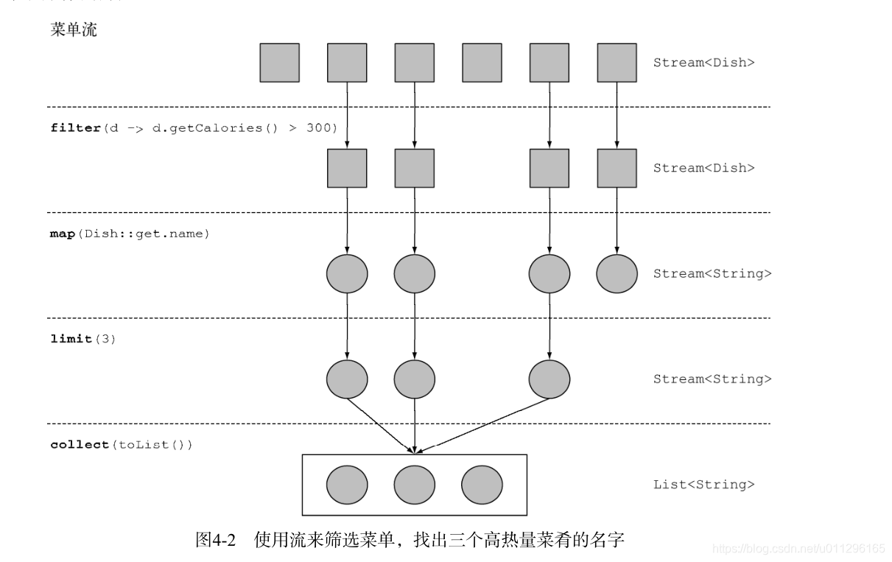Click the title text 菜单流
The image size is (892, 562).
click(x=74, y=31)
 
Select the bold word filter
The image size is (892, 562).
click(x=75, y=128)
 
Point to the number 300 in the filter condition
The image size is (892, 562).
click(x=322, y=128)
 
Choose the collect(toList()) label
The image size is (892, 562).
click(x=122, y=445)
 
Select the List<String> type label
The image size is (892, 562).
click(x=703, y=485)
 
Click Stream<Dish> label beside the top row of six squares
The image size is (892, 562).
click(x=703, y=63)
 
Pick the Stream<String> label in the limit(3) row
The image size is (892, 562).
click(x=712, y=379)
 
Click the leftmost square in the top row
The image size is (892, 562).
click(x=279, y=63)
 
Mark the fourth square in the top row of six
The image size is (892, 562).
click(x=482, y=63)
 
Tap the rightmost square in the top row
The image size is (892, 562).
click(x=617, y=63)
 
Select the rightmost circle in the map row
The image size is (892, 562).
click(x=617, y=274)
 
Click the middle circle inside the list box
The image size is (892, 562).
click(x=414, y=485)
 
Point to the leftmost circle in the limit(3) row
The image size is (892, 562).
click(x=347, y=379)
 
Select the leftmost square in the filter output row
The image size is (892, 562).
click(x=347, y=168)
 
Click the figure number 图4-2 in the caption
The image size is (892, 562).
click(x=214, y=541)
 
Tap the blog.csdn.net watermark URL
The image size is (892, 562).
click(x=799, y=548)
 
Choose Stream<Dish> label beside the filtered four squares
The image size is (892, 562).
click(x=703, y=168)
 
